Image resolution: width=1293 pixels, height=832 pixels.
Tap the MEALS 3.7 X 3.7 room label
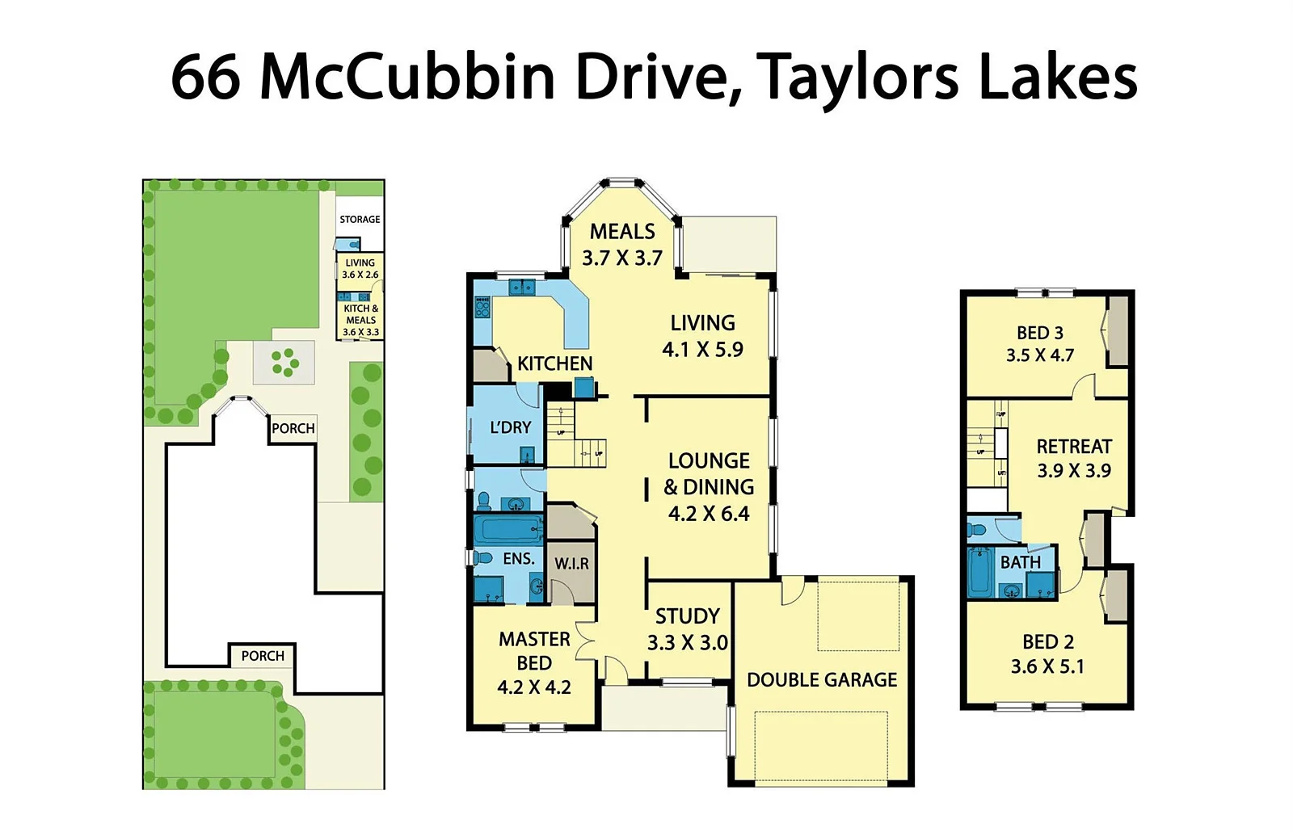(x=622, y=245)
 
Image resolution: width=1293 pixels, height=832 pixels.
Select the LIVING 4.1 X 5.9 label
(x=702, y=336)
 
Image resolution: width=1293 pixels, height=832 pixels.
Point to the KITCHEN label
(x=554, y=363)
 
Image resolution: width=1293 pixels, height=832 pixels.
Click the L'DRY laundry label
(x=510, y=427)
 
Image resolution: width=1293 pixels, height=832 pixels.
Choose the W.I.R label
(x=571, y=564)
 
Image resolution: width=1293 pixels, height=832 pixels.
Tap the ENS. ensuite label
(x=518, y=558)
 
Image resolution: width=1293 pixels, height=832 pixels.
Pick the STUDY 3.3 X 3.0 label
(x=687, y=629)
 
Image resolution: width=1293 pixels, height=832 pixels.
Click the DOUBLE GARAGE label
(x=822, y=680)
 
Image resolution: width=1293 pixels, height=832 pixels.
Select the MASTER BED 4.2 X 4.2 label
(x=534, y=663)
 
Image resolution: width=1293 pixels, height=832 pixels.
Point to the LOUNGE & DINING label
(x=709, y=487)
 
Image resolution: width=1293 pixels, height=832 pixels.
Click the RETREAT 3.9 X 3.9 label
(x=1074, y=458)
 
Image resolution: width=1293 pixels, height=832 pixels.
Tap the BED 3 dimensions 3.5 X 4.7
(x=1039, y=355)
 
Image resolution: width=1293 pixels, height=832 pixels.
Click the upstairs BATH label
(x=1020, y=562)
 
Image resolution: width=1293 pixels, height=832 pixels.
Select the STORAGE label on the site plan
(x=360, y=220)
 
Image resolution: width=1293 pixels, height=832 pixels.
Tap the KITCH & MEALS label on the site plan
(x=360, y=320)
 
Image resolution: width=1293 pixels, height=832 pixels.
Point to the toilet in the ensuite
(x=484, y=557)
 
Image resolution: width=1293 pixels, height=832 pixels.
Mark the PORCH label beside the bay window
(x=293, y=428)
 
